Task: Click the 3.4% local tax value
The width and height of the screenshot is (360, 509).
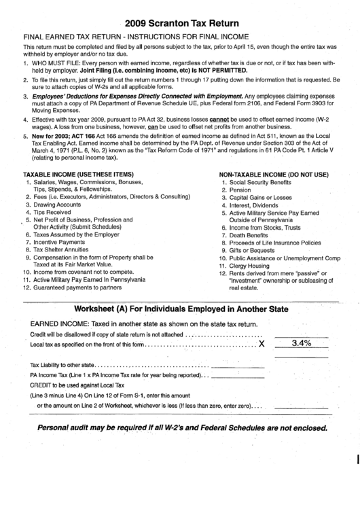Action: coord(301,343)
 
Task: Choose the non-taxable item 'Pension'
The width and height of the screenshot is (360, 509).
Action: coord(240,190)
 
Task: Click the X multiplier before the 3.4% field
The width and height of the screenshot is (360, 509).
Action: coord(262,344)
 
